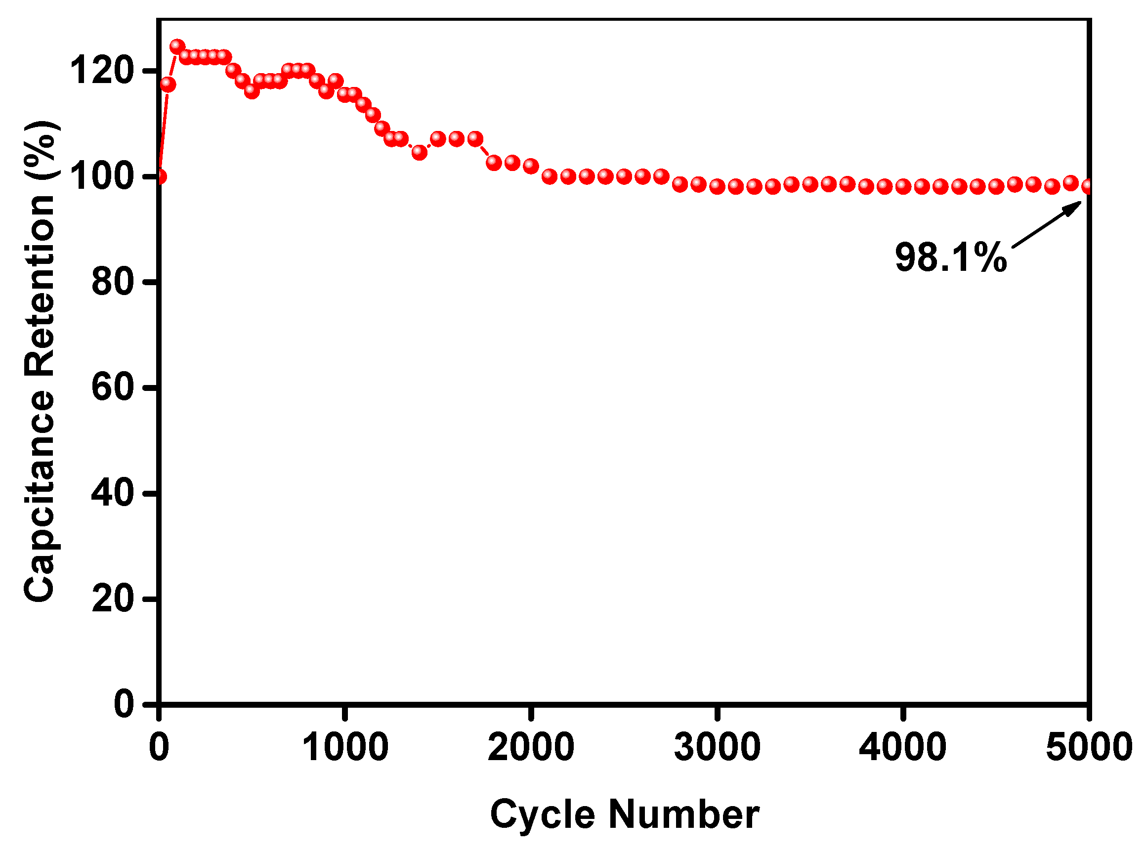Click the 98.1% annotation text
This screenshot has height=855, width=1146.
point(951,257)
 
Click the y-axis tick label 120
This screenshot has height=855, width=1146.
point(102,70)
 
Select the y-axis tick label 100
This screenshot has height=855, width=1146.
point(102,176)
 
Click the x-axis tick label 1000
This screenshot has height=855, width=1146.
point(344,747)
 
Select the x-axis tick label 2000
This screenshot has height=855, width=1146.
point(531,747)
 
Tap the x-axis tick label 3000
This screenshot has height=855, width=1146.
point(717,747)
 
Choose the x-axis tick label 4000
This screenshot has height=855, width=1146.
point(903,747)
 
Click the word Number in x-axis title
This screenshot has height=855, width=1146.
point(683,814)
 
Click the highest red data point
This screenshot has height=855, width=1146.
point(177,46)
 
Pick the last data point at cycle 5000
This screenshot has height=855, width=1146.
point(1088,186)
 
